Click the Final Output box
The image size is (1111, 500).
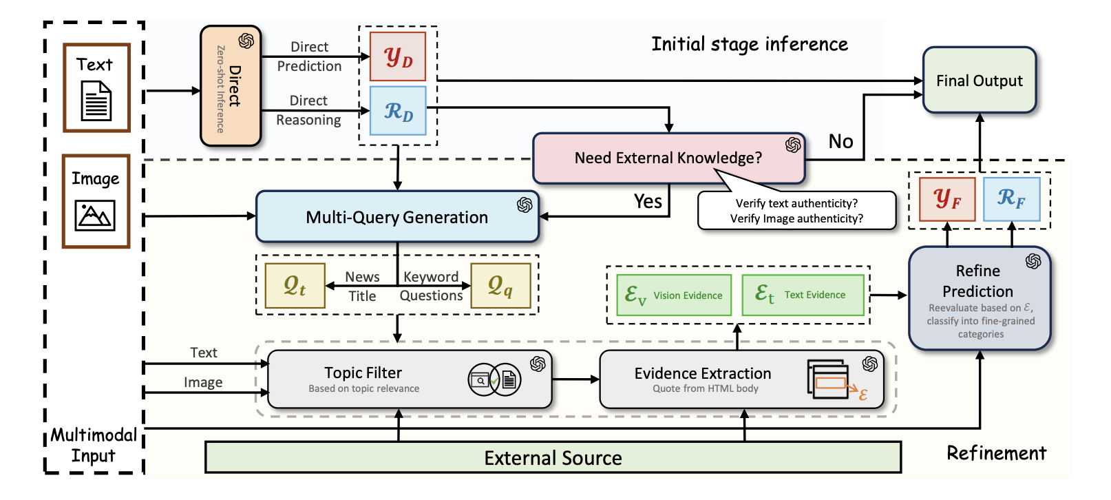tap(979, 81)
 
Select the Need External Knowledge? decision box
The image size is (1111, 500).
tap(668, 158)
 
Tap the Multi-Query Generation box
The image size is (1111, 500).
tap(396, 217)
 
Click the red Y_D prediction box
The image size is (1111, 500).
tap(398, 56)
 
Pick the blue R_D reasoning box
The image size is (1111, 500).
tap(398, 110)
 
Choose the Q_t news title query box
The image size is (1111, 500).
tap(295, 285)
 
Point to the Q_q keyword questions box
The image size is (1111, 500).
tap(500, 285)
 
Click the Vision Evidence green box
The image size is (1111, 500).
tap(673, 295)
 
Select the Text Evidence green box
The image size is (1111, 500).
tap(803, 295)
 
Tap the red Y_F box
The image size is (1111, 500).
tap(947, 199)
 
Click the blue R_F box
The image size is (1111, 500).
tap(1011, 199)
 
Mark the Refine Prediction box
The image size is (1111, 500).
tap(979, 298)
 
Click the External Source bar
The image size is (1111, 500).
tap(553, 458)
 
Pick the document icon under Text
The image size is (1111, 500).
tap(96, 101)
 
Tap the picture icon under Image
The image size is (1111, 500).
tap(95, 216)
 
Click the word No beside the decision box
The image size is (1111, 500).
tap(840, 142)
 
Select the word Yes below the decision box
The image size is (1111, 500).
tap(648, 201)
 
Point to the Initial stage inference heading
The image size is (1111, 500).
tap(749, 45)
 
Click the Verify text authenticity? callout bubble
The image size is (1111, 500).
tap(796, 211)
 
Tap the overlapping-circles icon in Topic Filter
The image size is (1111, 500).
tap(494, 379)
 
